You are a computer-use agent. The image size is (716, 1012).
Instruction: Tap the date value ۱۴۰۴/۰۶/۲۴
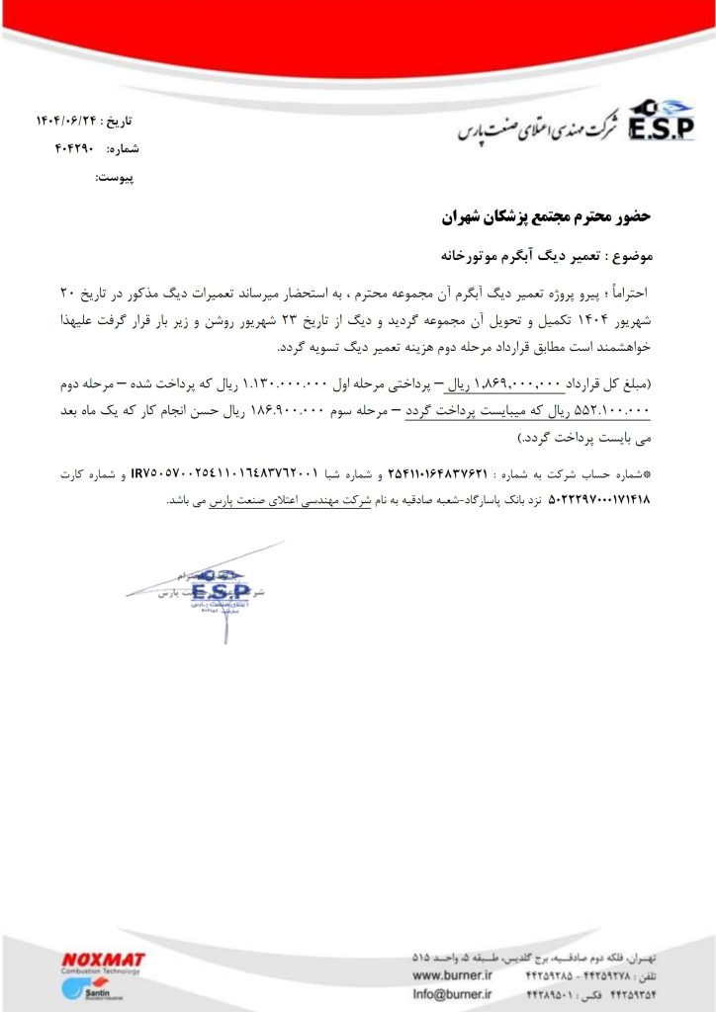[x=69, y=121]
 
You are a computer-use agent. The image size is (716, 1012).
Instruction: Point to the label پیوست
[x=114, y=178]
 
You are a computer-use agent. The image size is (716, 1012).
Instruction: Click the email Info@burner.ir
[x=453, y=994]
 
